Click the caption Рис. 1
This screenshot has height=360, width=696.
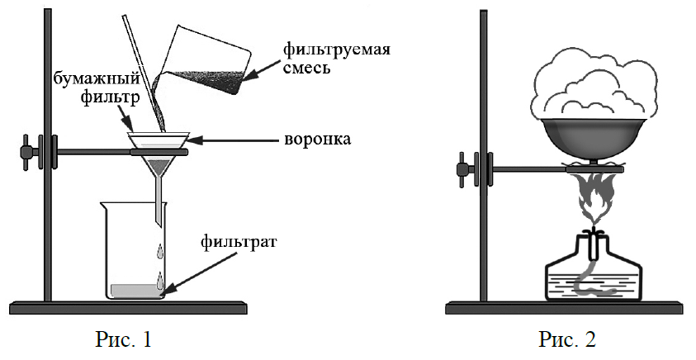coord(125,339)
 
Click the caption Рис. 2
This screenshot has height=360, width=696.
coord(567,339)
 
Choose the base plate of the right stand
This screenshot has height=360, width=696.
coord(567,308)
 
